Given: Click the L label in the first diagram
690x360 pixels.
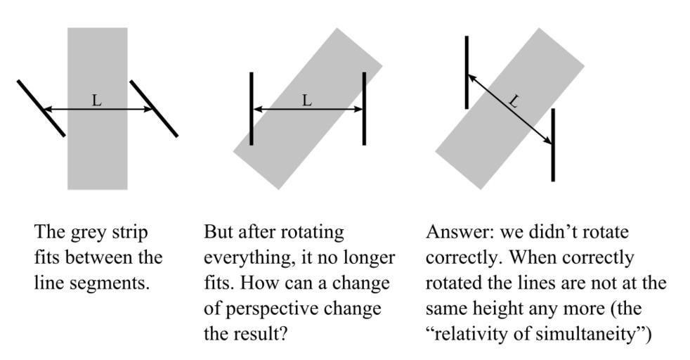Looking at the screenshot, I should [97, 101].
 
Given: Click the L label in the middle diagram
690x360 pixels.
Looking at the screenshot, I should [307, 101].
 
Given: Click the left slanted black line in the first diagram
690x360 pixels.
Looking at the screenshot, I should [41, 108].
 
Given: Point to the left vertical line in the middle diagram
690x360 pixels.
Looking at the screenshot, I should [252, 108].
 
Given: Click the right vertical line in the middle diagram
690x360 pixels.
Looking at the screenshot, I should [364, 108].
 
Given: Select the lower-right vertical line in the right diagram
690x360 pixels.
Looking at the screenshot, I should [553, 145].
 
